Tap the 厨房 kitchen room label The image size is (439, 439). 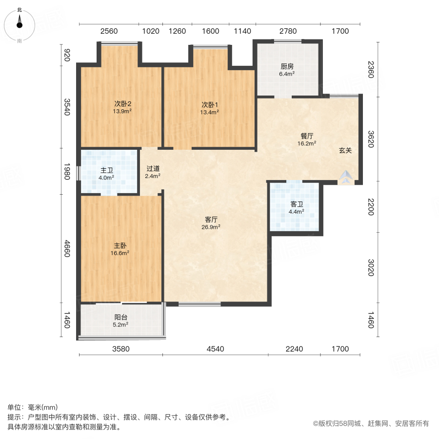287,67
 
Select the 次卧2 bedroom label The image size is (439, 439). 123,104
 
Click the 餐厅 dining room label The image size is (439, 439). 307,137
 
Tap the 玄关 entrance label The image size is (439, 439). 345,151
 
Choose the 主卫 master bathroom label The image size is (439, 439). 107,171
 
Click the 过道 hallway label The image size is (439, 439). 153,169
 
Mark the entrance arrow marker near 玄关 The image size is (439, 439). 346,178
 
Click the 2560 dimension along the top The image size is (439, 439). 109,31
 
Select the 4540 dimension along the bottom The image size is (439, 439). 215,349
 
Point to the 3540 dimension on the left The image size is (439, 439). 67,107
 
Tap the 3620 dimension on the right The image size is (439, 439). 371,139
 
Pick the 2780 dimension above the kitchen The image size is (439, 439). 288,31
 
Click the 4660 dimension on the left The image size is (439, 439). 67,248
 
